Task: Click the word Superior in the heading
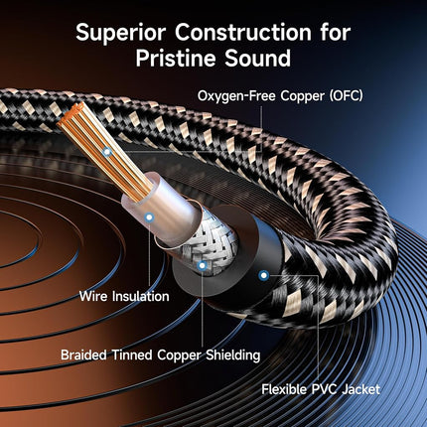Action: [121, 33]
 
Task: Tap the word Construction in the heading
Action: [243, 33]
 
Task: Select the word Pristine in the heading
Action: [176, 59]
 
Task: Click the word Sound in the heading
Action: [258, 59]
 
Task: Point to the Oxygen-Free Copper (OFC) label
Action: [280, 96]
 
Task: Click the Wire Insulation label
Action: [124, 296]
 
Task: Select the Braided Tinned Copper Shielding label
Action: [160, 356]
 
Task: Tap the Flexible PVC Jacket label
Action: [321, 389]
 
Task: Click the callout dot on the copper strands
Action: [106, 152]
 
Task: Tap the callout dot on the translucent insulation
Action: [150, 217]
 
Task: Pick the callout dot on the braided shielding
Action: [202, 265]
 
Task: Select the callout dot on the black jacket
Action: [264, 275]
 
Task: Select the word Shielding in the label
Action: [232, 356]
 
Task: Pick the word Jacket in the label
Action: [361, 389]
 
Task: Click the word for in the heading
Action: [336, 33]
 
